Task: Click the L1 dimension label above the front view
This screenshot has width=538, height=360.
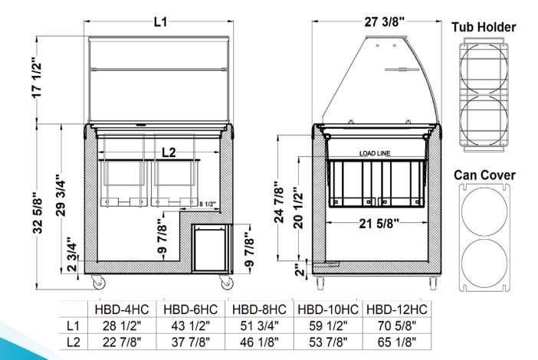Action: coord(160,22)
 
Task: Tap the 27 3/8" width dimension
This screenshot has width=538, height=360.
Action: coord(384,22)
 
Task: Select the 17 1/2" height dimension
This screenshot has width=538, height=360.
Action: coord(37,80)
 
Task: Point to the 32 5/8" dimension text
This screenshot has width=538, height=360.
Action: coord(38,215)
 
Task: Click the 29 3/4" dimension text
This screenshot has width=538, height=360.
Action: coord(61,195)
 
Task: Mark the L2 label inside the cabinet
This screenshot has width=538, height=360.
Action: coord(169,152)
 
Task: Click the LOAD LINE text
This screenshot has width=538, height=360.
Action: coord(375,153)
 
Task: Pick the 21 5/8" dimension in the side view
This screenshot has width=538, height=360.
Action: coord(379,224)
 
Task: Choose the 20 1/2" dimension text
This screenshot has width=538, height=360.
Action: coord(298,208)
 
